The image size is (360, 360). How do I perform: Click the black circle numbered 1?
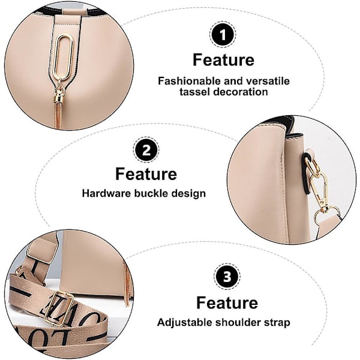tap(223, 35)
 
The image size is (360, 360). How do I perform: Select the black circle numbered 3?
tap(227, 277)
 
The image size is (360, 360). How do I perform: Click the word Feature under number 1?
tap(223, 59)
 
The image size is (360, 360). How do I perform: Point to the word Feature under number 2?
tap(146, 174)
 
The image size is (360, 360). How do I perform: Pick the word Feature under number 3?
tap(227, 302)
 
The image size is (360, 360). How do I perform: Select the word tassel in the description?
tap(195, 92)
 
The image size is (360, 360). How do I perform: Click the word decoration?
tap(241, 92)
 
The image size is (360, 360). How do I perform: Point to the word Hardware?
tap(107, 193)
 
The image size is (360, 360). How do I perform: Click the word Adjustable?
tap(185, 323)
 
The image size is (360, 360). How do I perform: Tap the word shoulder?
tap(238, 322)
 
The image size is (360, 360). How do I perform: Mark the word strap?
tap(277, 323)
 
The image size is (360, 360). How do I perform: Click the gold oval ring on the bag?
tap(64, 57)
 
